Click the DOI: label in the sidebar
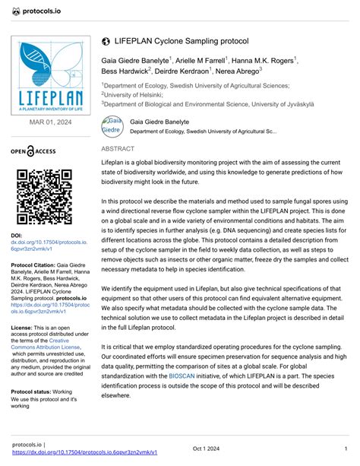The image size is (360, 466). [x=17, y=236]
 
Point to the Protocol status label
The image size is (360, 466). [x=34, y=392]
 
